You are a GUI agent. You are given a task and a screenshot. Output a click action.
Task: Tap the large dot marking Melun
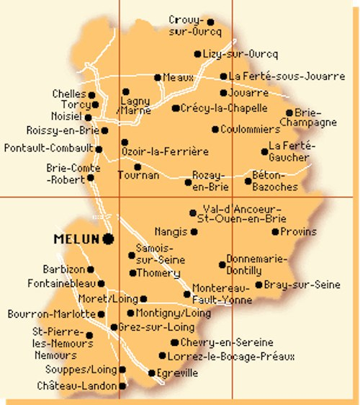[108, 238]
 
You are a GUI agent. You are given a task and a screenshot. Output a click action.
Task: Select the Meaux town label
[179, 77]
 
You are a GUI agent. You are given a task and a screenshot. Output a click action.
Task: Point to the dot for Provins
[275, 231]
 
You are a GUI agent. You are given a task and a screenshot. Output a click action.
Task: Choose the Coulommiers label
[251, 129]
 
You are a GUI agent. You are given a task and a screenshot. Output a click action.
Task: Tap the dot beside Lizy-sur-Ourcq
[198, 54]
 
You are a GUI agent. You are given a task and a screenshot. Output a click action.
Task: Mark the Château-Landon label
[76, 386]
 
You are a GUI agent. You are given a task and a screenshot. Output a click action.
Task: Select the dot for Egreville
[151, 373]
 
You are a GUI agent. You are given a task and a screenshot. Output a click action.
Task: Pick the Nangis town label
[170, 231]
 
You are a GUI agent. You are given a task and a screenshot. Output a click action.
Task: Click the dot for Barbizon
[91, 270]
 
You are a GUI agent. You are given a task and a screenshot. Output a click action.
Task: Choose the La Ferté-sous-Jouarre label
[287, 76]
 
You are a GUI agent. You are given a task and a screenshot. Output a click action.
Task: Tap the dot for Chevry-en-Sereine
[174, 342]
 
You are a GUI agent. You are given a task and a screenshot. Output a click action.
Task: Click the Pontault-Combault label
[49, 148]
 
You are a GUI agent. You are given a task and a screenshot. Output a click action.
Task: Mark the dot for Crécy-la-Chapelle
[176, 109]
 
